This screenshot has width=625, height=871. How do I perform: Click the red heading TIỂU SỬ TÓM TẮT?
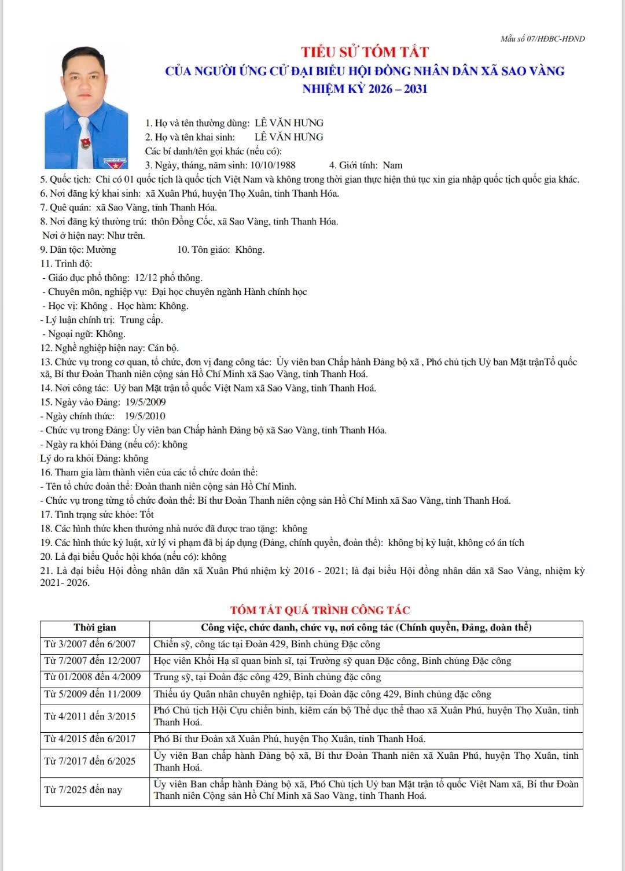point(365,52)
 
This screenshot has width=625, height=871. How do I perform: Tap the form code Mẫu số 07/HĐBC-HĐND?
point(542,39)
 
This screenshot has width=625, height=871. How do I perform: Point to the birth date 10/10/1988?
point(273,165)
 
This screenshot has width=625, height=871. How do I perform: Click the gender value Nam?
point(392,165)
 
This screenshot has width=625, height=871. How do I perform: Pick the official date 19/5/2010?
point(145,416)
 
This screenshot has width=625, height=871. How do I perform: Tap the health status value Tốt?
point(147,514)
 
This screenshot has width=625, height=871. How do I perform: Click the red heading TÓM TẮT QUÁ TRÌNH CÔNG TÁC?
point(320,610)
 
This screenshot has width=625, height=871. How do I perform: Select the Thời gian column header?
point(95,628)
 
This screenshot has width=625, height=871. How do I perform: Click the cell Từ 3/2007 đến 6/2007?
point(90,644)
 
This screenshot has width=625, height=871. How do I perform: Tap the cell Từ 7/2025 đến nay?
point(83,789)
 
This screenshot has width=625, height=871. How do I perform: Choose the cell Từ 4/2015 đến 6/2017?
point(90,739)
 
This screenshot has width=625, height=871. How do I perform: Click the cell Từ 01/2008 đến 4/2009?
point(93,677)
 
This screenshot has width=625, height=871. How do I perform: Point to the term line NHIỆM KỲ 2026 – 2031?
point(365,89)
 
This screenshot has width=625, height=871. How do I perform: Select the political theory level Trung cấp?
point(141,320)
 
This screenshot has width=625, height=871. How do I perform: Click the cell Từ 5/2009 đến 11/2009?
point(93,694)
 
